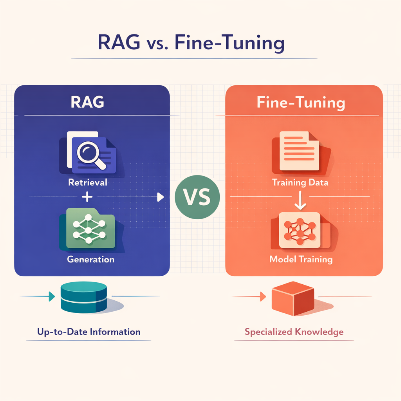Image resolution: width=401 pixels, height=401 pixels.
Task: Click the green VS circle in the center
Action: click(197, 197)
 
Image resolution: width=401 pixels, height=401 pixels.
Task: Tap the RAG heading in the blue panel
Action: click(87, 103)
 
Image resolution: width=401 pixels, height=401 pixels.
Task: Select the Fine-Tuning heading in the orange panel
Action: click(301, 103)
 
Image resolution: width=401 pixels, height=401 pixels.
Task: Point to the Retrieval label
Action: click(87, 182)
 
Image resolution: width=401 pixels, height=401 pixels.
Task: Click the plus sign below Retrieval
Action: click(88, 197)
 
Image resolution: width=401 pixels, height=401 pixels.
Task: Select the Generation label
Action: click(90, 259)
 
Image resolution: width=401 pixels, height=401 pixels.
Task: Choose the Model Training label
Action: click(301, 259)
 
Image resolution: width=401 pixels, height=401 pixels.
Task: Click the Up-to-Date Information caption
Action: click(89, 332)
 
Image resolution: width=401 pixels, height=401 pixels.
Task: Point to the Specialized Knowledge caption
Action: click(294, 332)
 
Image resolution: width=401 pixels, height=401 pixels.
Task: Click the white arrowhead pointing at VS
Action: click(160, 197)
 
